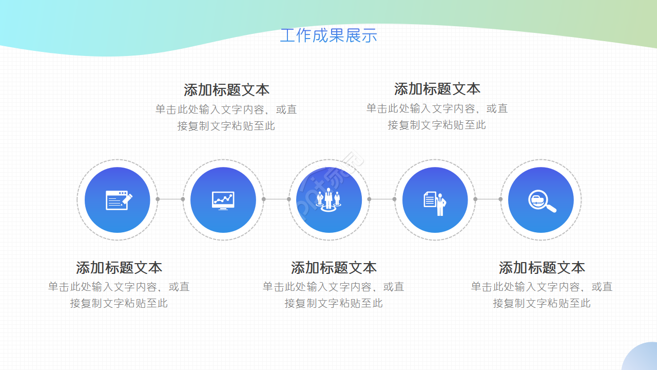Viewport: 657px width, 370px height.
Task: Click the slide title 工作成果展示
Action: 328,35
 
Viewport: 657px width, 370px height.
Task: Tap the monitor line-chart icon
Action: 223,200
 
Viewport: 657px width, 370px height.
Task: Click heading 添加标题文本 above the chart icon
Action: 226,90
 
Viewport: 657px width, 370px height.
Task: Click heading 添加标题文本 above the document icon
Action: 437,89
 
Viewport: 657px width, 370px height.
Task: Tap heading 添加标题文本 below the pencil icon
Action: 119,268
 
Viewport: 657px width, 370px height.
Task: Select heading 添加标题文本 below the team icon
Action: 334,268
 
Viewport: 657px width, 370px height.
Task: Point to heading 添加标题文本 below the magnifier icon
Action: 542,268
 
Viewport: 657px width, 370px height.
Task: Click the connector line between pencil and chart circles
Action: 170,199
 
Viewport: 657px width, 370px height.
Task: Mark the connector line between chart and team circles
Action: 276,199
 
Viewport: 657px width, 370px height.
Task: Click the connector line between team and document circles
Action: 382,199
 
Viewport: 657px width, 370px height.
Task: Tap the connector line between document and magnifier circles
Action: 488,199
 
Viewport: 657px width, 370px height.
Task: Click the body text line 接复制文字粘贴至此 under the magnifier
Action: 542,303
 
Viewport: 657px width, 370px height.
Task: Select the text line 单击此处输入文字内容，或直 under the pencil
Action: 119,287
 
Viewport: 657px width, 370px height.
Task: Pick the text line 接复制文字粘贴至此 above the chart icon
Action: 226,126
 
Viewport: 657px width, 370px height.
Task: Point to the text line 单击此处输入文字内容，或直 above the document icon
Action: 437,108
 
